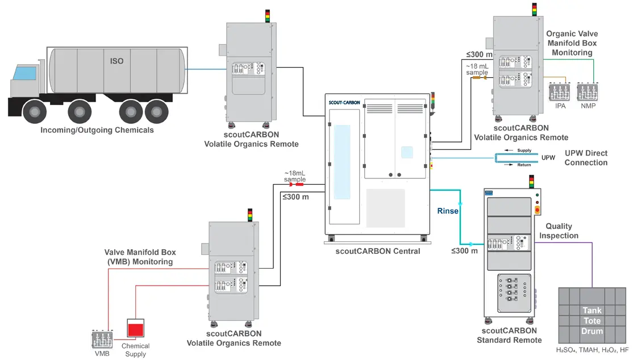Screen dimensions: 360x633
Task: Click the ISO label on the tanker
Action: pos(116,61)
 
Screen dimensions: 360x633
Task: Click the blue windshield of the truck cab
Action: pos(24,73)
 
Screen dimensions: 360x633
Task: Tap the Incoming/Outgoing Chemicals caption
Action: pos(97,130)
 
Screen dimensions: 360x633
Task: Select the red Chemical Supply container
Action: pos(135,329)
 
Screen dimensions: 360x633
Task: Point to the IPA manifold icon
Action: pos(560,91)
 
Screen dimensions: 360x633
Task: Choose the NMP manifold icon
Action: pos(589,91)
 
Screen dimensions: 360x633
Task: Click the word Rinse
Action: pos(448,211)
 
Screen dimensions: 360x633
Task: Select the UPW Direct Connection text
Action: pos(586,158)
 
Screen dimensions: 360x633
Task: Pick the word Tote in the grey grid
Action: pos(592,321)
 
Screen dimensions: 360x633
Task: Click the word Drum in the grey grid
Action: pos(592,331)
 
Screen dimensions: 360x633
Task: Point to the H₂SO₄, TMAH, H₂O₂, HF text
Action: pos(592,350)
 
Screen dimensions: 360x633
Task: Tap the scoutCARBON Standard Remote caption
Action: pos(509,335)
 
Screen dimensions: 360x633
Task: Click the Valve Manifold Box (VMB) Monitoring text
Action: pos(140,257)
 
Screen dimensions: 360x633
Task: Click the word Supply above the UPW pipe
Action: pos(524,150)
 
